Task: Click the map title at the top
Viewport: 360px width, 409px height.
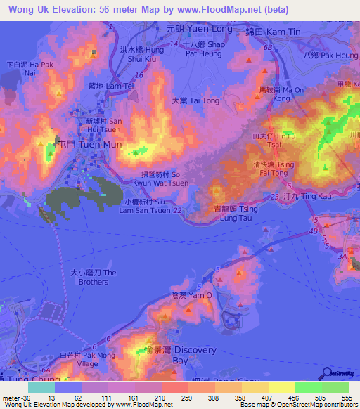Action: pos(139,10)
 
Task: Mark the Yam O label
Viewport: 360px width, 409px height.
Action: pos(191,296)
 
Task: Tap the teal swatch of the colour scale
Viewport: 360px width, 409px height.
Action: pos(41,387)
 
